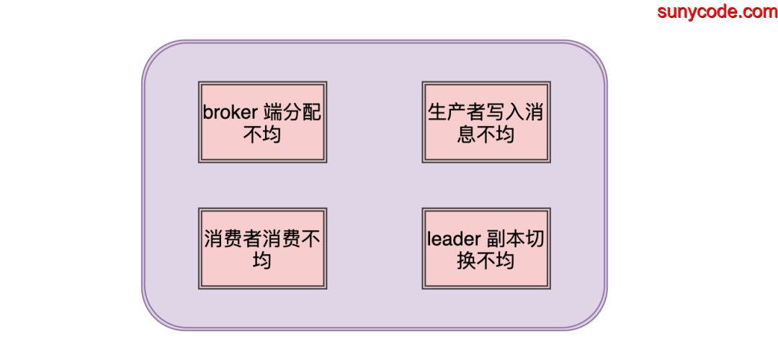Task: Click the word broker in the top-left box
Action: [x=230, y=114]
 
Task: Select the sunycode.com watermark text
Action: [x=716, y=12]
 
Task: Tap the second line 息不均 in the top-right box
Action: [x=486, y=134]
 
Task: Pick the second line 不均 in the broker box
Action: [x=262, y=134]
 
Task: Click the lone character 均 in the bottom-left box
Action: [x=262, y=260]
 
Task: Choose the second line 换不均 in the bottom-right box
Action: [x=486, y=260]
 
